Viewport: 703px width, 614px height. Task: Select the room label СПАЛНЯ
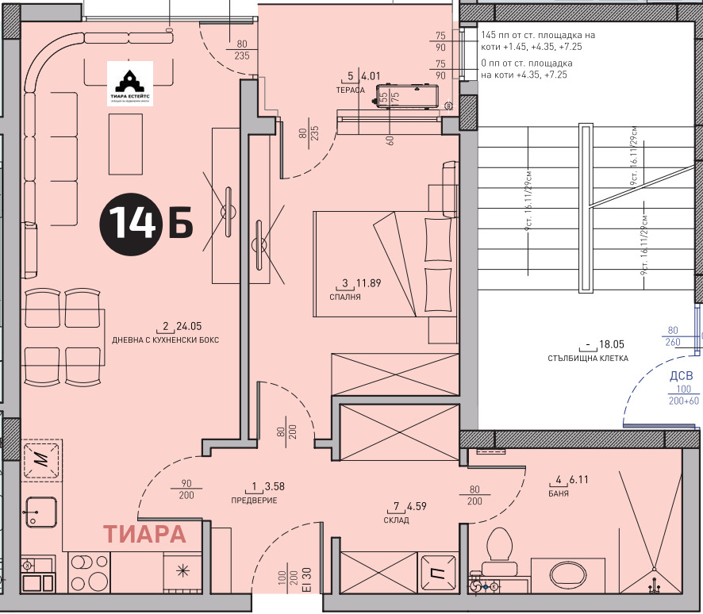[345, 297]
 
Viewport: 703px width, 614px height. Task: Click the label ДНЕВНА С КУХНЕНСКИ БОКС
[165, 340]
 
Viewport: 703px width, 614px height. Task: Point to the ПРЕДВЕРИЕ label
[254, 500]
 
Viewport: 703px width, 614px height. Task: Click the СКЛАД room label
[396, 520]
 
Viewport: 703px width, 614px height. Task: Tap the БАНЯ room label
[558, 493]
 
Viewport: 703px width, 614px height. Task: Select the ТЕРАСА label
[350, 90]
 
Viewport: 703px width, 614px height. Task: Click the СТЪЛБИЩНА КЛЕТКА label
[588, 358]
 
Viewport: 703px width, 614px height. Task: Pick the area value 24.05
[189, 326]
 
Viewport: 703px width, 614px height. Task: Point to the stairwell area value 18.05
[613, 345]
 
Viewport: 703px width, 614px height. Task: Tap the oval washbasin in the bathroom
[567, 574]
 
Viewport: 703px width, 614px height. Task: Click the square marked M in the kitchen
[39, 459]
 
